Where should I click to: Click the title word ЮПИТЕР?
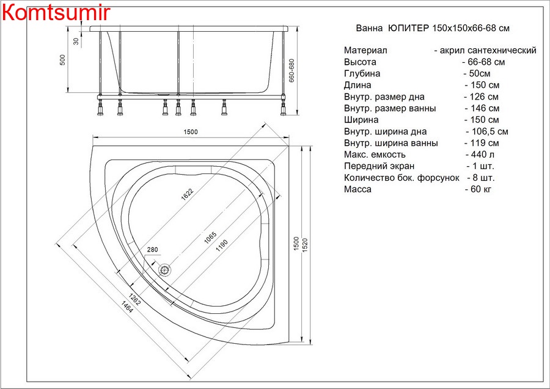(x=409, y=28)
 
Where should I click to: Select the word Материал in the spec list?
(x=365, y=51)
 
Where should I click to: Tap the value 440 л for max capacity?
(x=480, y=155)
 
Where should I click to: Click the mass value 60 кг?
(x=479, y=189)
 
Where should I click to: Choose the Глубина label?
(x=362, y=73)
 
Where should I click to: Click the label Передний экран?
(x=379, y=166)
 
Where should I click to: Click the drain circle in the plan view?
(x=164, y=270)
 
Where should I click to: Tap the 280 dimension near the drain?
(x=152, y=250)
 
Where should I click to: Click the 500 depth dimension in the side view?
(x=62, y=60)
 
